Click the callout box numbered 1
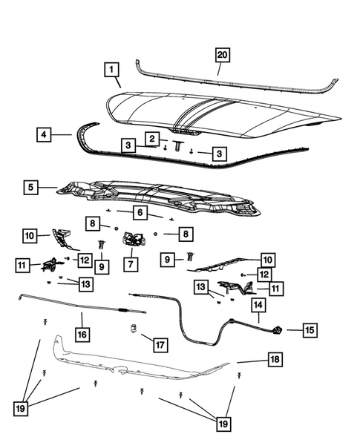pyautogui.click(x=111, y=70)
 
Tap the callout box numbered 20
pyautogui.click(x=222, y=55)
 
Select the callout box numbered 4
pyautogui.click(x=44, y=134)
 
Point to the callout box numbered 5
pyautogui.click(x=31, y=187)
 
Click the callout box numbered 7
pyautogui.click(x=131, y=264)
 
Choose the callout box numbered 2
pyautogui.click(x=152, y=139)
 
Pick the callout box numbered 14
pyautogui.click(x=258, y=305)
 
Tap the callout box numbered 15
pyautogui.click(x=310, y=330)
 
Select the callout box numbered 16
pyautogui.click(x=82, y=334)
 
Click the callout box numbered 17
pyautogui.click(x=160, y=345)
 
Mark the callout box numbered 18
pyautogui.click(x=275, y=359)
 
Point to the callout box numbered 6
pyautogui.click(x=140, y=213)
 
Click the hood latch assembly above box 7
pyautogui.click(x=134, y=239)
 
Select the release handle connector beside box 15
pyautogui.click(x=278, y=330)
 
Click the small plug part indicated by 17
pyautogui.click(x=134, y=328)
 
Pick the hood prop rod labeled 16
pyautogui.click(x=82, y=306)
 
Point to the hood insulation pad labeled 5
pyautogui.click(x=159, y=198)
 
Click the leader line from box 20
pyautogui.click(x=220, y=68)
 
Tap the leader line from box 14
pyautogui.click(x=258, y=318)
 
